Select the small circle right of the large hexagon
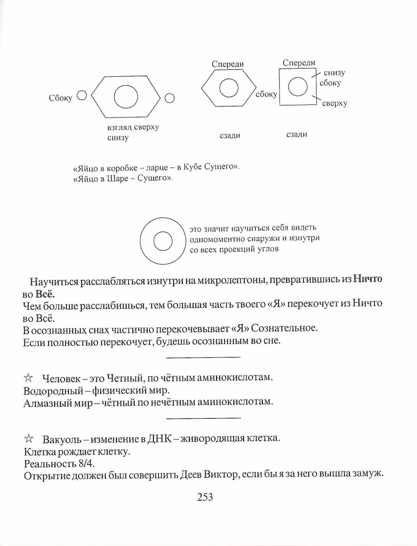(170, 98)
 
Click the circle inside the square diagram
(298, 86)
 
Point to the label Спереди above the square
(299, 63)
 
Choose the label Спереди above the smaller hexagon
(228, 64)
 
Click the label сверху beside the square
(335, 103)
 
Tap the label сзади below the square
(297, 134)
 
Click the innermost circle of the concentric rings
(163, 242)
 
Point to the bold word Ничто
(367, 279)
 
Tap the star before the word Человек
(28, 378)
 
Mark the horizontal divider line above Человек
(203, 357)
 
